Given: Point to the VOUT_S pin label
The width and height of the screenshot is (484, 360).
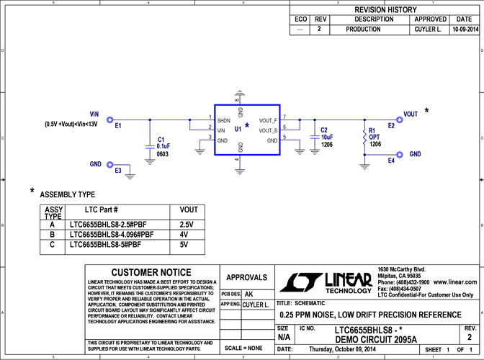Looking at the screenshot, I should click(x=268, y=130).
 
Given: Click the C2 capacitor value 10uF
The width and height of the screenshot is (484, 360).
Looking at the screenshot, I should click(x=326, y=137).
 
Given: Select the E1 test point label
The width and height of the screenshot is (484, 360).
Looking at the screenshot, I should click(x=119, y=126).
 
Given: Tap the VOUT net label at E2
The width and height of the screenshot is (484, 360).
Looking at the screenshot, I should click(x=411, y=114).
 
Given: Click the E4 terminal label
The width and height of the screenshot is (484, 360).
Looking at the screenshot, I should click(x=391, y=161).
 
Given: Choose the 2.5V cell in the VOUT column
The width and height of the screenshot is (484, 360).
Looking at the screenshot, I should click(x=187, y=225).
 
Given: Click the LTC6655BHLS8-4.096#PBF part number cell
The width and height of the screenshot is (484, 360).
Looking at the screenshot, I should click(x=112, y=235).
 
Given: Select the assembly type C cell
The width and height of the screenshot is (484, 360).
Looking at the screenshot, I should click(x=52, y=245).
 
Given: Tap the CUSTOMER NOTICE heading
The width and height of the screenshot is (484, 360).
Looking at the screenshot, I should click(x=151, y=272).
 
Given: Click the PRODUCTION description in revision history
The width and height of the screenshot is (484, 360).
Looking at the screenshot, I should click(x=364, y=30).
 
